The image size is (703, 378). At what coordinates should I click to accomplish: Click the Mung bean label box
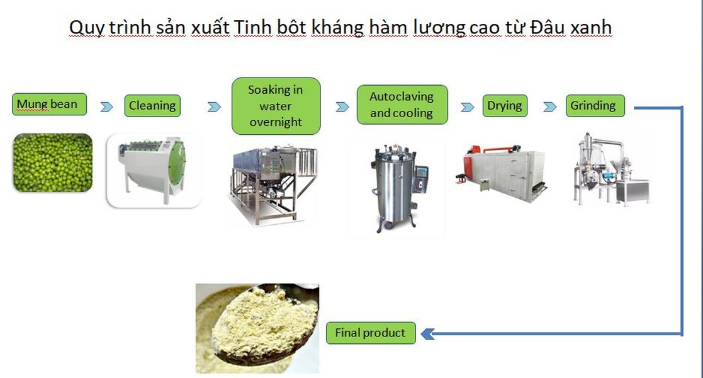pyautogui.click(x=49, y=104)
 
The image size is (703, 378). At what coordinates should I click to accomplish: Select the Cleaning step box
pyautogui.click(x=152, y=105)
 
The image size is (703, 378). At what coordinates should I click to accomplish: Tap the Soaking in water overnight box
pyautogui.click(x=276, y=106)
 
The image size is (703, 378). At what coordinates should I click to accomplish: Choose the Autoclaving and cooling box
pyautogui.click(x=402, y=105)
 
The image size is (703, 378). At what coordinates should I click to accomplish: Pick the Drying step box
pyautogui.click(x=505, y=105)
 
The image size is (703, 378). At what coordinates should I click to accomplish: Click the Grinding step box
pyautogui.click(x=595, y=105)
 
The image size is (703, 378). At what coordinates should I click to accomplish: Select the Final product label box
pyautogui.click(x=371, y=333)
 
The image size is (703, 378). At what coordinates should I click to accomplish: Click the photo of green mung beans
pyautogui.click(x=53, y=163)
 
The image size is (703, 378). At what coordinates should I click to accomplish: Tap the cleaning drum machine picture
pyautogui.click(x=154, y=171)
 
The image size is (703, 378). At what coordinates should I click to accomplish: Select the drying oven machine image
pyautogui.click(x=501, y=173)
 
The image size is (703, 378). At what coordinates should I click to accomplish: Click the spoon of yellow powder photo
pyautogui.click(x=257, y=328)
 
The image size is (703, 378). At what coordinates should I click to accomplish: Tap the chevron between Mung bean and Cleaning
pyautogui.click(x=106, y=106)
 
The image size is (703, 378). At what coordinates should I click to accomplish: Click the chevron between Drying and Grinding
pyautogui.click(x=549, y=106)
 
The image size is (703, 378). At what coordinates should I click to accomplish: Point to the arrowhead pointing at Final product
pyautogui.click(x=427, y=333)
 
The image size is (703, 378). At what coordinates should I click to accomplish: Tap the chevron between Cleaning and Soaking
pyautogui.click(x=214, y=106)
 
